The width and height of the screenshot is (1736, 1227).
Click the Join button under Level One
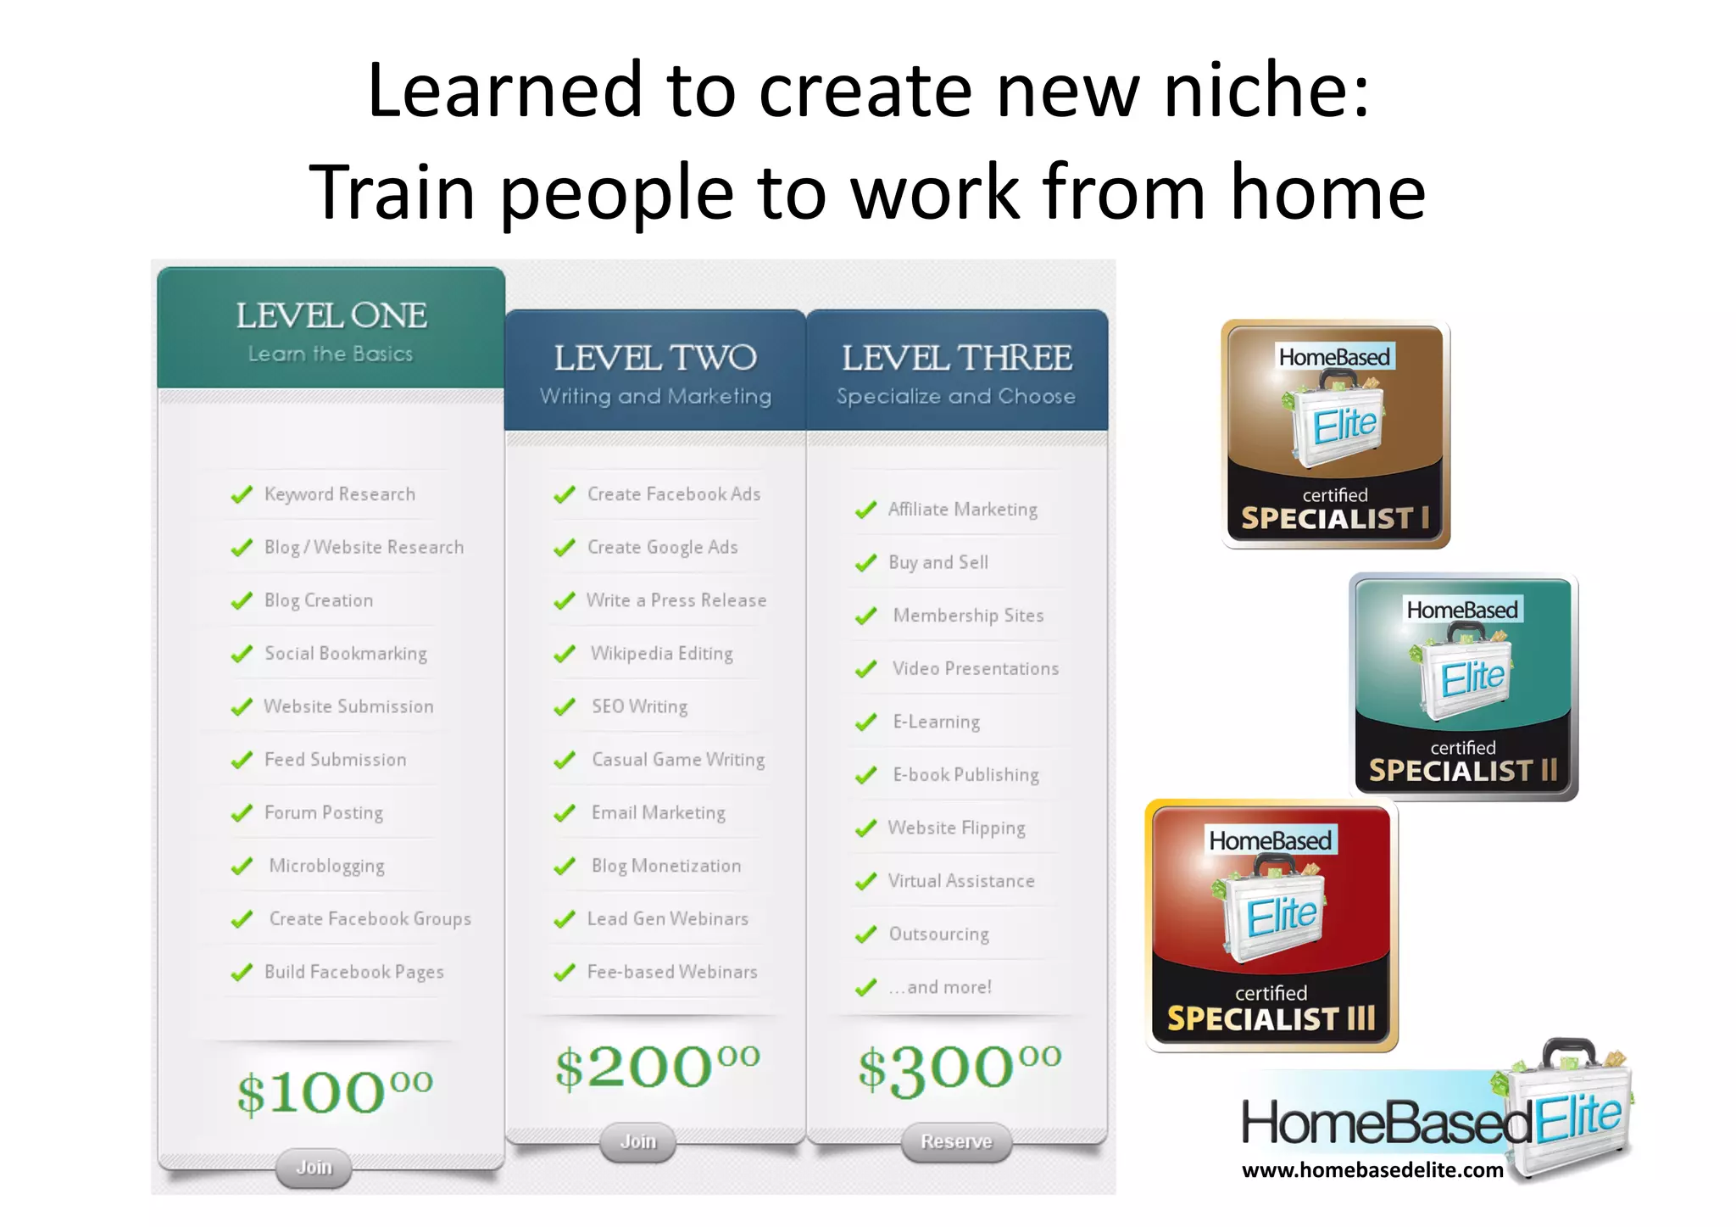tap(314, 1168)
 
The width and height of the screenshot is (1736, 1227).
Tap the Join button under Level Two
tap(638, 1141)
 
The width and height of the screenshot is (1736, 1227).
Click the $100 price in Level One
tap(334, 1092)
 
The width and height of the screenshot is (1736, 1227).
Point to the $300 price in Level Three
tap(959, 1067)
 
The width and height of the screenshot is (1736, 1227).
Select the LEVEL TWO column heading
tap(655, 358)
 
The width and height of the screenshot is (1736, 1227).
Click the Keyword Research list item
tap(339, 494)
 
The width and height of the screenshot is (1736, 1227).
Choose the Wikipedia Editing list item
tap(661, 654)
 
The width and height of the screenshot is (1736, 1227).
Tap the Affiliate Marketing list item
tap(962, 510)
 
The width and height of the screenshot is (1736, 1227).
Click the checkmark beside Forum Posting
tap(242, 813)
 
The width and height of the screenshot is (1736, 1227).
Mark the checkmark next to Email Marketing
tap(565, 813)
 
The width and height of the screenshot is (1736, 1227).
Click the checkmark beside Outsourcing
tap(865, 934)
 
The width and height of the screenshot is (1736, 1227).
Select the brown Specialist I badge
tap(1335, 434)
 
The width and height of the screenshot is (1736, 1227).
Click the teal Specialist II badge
tap(1463, 687)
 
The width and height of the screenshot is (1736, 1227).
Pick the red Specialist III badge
tap(1271, 926)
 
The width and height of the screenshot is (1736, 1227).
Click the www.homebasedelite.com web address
tap(1372, 1170)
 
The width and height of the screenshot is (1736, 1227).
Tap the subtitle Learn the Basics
tap(331, 354)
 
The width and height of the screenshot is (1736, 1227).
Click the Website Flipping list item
tap(956, 828)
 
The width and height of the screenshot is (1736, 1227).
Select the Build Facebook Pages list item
tap(353, 973)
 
